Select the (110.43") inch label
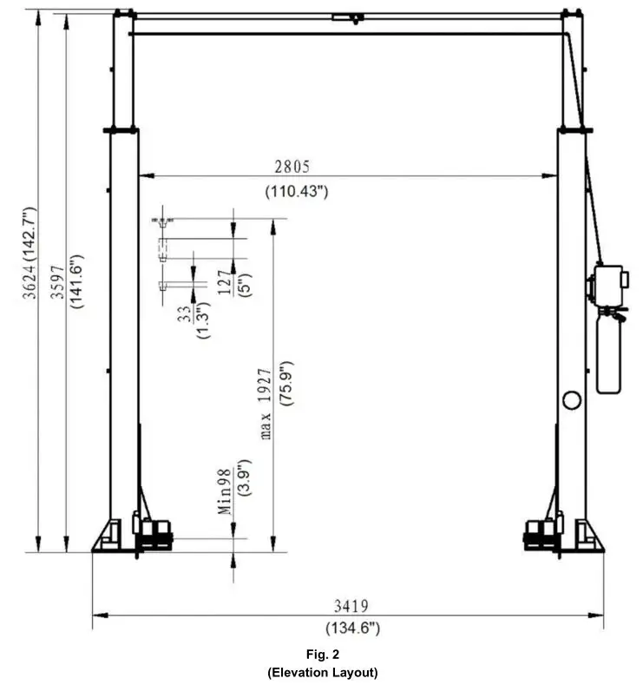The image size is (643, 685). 296,191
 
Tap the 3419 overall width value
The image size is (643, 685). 352,607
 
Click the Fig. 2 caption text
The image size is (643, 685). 322,653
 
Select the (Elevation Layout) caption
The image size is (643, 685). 322,671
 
